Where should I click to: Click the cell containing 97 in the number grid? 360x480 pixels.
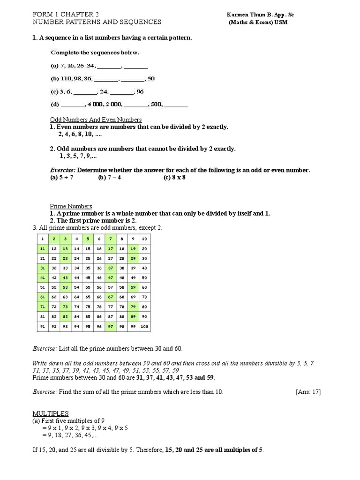[111, 327]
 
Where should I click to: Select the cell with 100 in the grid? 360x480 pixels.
[144, 327]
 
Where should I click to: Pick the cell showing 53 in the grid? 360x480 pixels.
[65, 287]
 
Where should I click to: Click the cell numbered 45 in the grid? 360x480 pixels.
[88, 277]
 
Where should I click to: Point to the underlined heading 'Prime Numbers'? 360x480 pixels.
[71, 206]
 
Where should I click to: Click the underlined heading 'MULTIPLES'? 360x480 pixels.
[50, 413]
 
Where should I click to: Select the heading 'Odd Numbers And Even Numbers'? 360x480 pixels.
[96, 120]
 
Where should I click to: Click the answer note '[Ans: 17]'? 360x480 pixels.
[308, 392]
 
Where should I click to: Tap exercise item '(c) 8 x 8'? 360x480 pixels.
[175, 178]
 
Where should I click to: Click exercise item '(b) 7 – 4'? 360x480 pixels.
[110, 178]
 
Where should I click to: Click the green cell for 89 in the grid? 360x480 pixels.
[133, 317]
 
